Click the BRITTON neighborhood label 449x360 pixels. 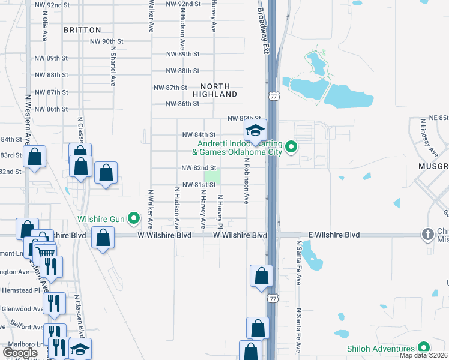(x=83, y=29)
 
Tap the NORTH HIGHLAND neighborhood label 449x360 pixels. (x=215, y=91)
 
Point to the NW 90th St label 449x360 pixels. (x=106, y=42)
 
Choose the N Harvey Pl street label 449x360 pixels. (x=220, y=212)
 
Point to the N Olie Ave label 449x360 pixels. (x=44, y=28)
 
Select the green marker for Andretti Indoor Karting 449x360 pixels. (x=291, y=146)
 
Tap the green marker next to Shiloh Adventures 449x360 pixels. (x=423, y=348)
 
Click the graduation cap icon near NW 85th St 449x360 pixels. (x=255, y=130)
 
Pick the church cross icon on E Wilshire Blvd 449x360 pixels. (x=427, y=234)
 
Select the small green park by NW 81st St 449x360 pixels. (x=212, y=176)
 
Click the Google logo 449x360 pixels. (x=20, y=353)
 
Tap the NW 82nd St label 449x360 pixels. (x=199, y=168)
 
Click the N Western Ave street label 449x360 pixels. (x=28, y=120)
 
